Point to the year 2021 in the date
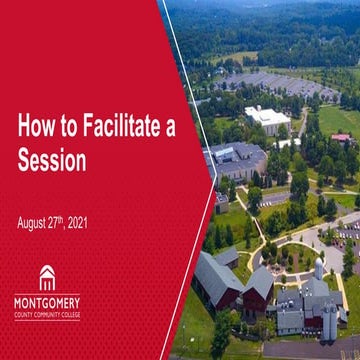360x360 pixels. click(75, 222)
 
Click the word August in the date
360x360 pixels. click(33, 222)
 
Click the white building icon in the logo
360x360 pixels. click(47, 278)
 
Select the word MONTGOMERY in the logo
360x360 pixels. click(47, 301)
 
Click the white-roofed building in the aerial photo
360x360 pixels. click(268, 119)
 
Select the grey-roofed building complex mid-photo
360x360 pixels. click(238, 160)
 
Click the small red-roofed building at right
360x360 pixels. click(341, 137)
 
